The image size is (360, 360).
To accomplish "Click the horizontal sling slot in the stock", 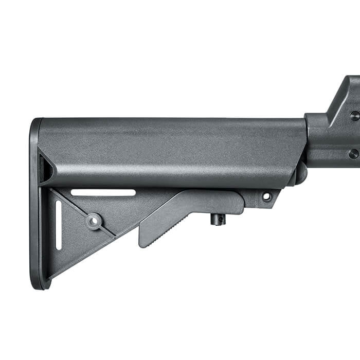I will pyautogui.click(x=103, y=193).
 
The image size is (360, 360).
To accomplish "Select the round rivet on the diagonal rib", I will pyautogui.click(x=94, y=221).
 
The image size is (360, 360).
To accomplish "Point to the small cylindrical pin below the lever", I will pyautogui.click(x=218, y=220).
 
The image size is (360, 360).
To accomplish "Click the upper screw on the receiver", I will pyautogui.click(x=354, y=116).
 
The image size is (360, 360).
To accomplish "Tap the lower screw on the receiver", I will pyautogui.click(x=353, y=153).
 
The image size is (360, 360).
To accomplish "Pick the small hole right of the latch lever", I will pyautogui.click(x=266, y=196).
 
